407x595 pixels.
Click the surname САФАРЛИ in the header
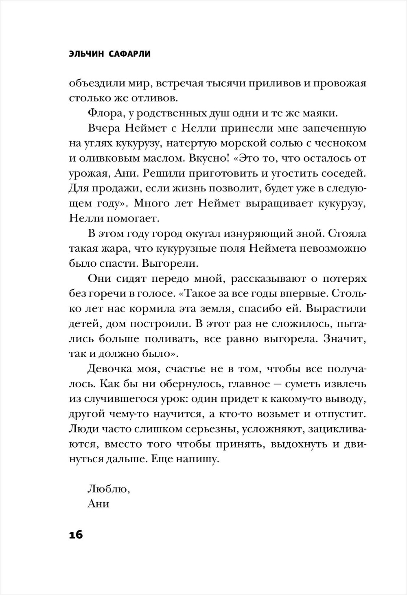tap(130, 54)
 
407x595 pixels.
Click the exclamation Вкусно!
tap(208, 158)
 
